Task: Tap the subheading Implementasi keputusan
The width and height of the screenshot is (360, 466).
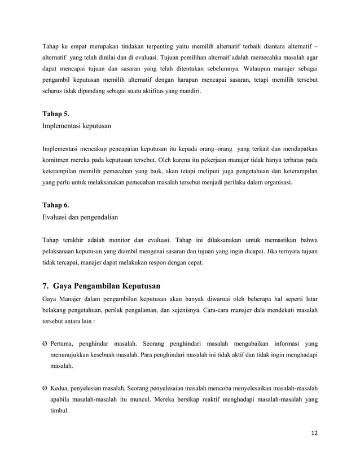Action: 79,126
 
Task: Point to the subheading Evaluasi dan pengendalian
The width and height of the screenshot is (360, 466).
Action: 82,217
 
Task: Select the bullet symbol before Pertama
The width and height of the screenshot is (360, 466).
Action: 45,344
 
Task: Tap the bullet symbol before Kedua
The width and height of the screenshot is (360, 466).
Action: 45,389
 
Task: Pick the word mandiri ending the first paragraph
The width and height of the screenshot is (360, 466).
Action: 191,93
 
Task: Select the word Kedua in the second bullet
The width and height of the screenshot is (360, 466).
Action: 60,389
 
